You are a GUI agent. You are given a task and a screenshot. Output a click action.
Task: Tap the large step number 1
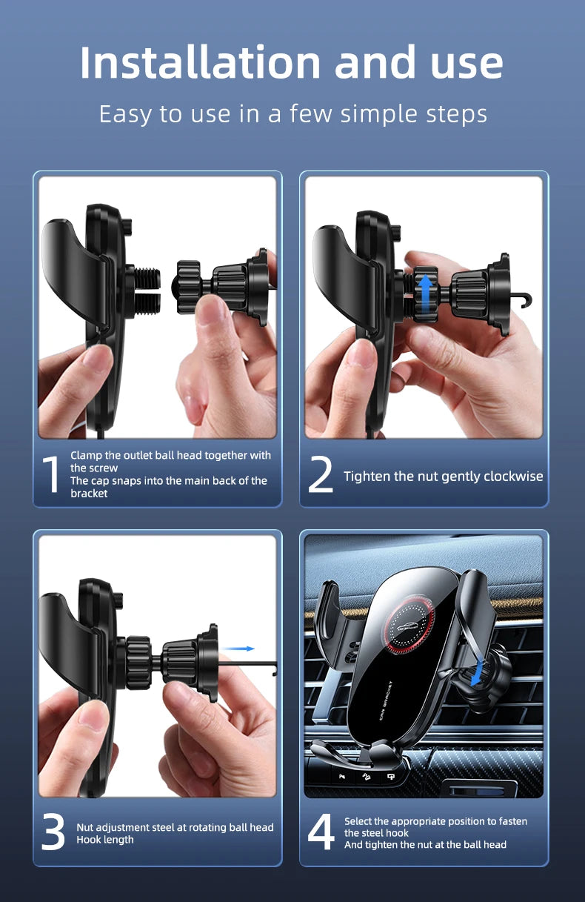tap(50, 475)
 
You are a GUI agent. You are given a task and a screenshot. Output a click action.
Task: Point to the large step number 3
tap(53, 833)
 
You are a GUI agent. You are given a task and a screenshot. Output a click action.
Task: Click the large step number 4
tap(321, 833)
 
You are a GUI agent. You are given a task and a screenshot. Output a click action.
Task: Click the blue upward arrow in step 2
tap(425, 293)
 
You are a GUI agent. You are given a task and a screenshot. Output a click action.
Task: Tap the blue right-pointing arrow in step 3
tap(238, 649)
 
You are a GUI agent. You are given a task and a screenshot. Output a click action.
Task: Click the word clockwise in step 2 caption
tap(513, 477)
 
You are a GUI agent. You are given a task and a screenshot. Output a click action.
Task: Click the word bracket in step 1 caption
tap(89, 494)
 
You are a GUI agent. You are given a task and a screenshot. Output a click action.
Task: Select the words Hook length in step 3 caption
tap(105, 840)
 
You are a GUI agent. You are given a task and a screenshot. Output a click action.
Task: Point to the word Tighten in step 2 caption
tap(367, 477)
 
